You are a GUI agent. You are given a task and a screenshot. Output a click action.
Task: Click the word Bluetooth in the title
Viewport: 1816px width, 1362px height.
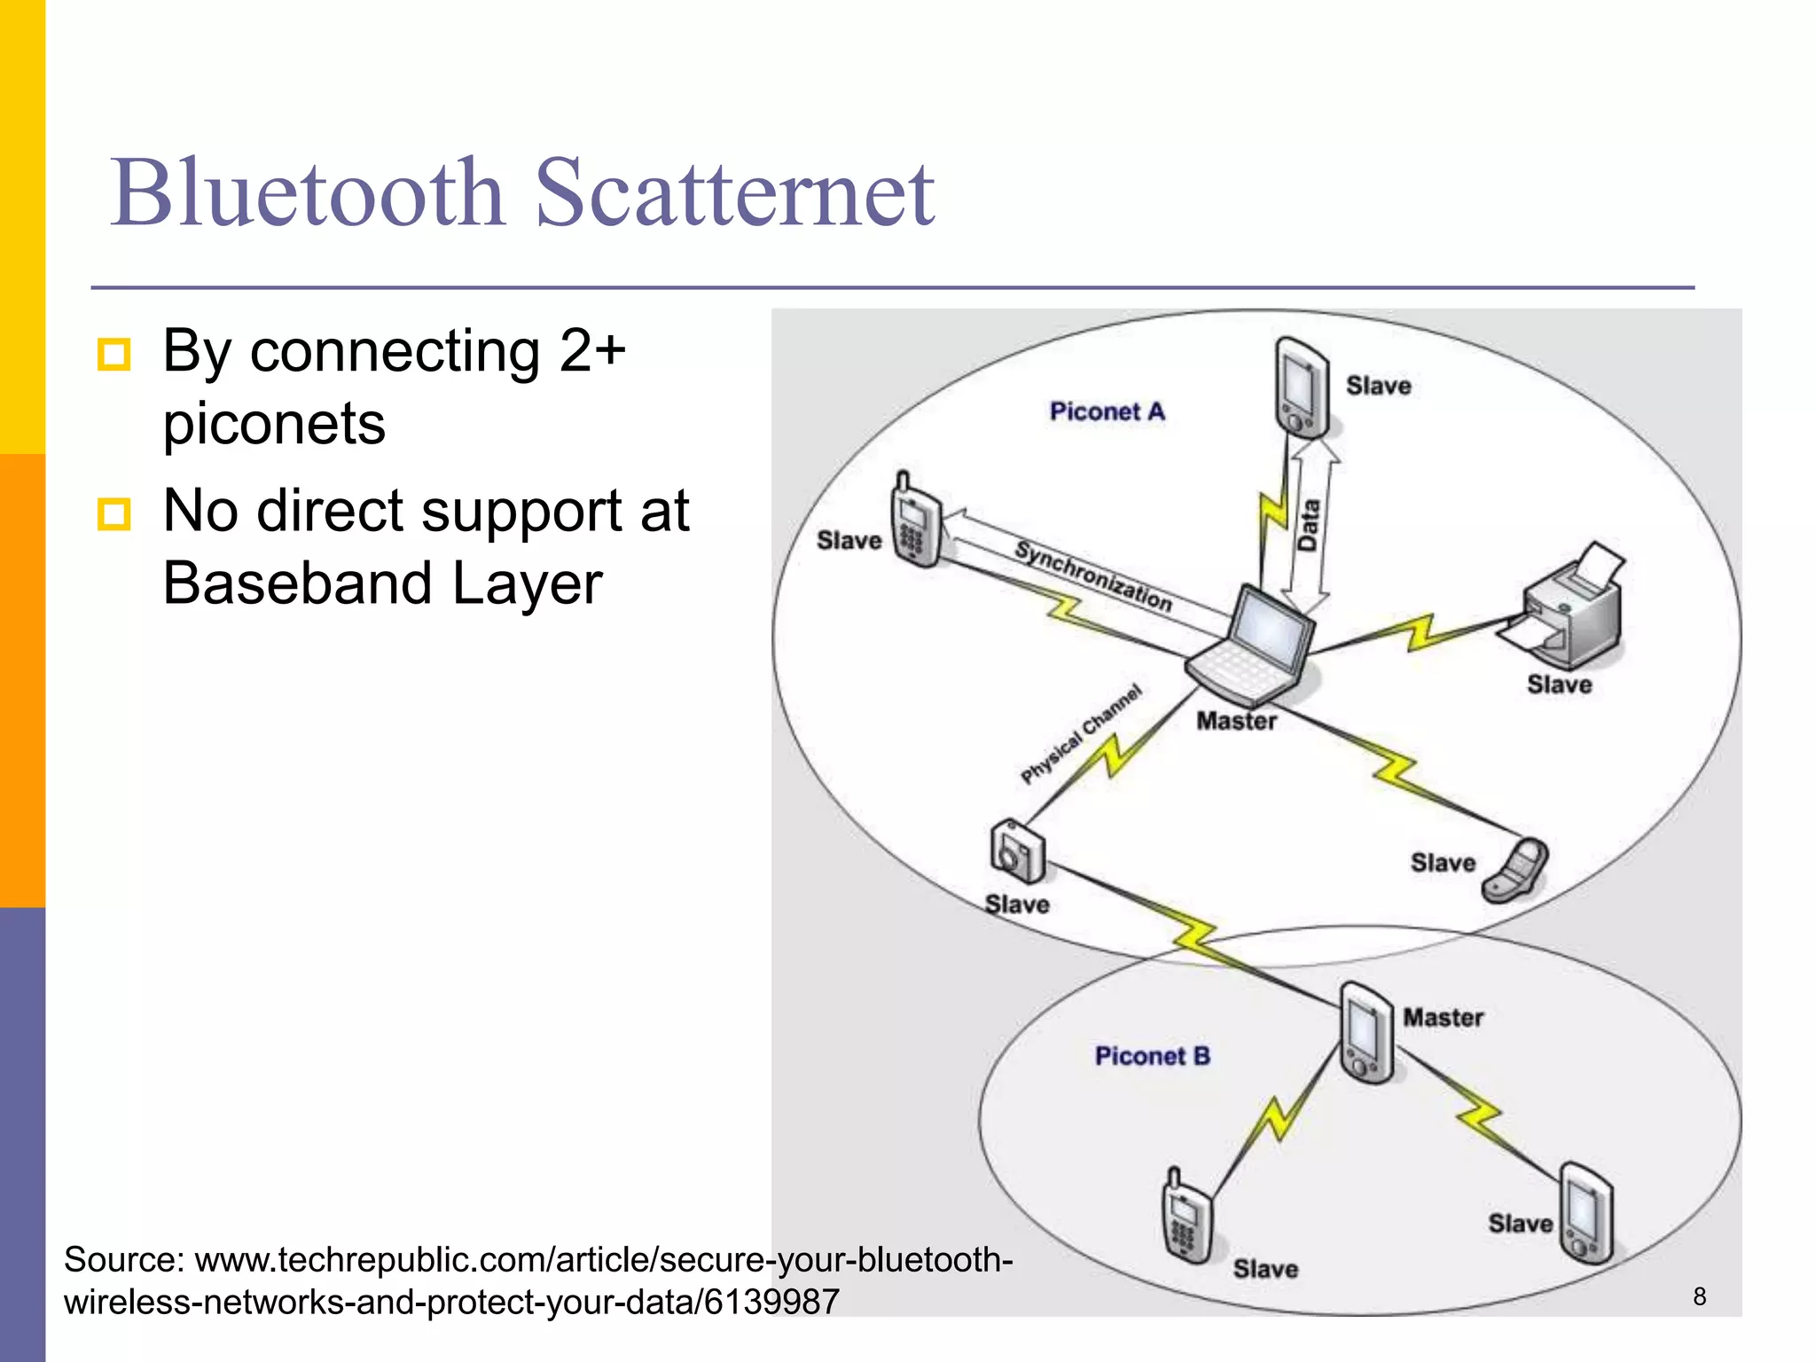pos(308,193)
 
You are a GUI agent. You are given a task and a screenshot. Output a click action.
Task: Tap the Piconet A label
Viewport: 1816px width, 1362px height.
pos(1107,411)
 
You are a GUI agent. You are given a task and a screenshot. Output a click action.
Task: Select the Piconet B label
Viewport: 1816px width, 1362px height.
pos(1152,1056)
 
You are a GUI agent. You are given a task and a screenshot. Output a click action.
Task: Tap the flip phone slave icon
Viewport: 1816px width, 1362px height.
pos(1517,871)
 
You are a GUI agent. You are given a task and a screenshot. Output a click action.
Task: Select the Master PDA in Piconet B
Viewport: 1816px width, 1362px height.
pos(1366,1033)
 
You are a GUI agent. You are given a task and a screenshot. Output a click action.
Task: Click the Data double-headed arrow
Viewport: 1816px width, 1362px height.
pos(1309,528)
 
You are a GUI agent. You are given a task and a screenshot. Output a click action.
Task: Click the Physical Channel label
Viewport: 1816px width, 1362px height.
pos(1081,734)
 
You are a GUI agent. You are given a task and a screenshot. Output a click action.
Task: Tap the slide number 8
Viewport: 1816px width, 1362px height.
pos(1699,1296)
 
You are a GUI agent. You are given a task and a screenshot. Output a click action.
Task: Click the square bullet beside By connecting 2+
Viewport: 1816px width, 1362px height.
pos(114,355)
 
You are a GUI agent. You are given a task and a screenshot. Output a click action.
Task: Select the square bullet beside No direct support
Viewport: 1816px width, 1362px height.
pos(114,514)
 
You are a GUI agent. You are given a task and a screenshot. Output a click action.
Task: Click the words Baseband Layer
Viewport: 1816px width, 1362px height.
pos(382,584)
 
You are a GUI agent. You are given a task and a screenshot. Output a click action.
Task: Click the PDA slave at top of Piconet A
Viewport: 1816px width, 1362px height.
pos(1302,388)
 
